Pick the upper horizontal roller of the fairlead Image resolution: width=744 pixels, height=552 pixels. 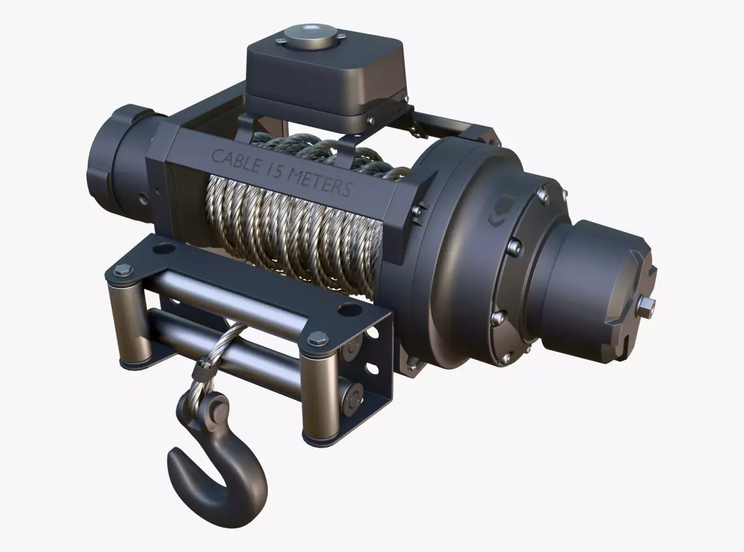coord(229,292)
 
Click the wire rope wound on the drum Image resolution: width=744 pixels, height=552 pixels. coord(291,229)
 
